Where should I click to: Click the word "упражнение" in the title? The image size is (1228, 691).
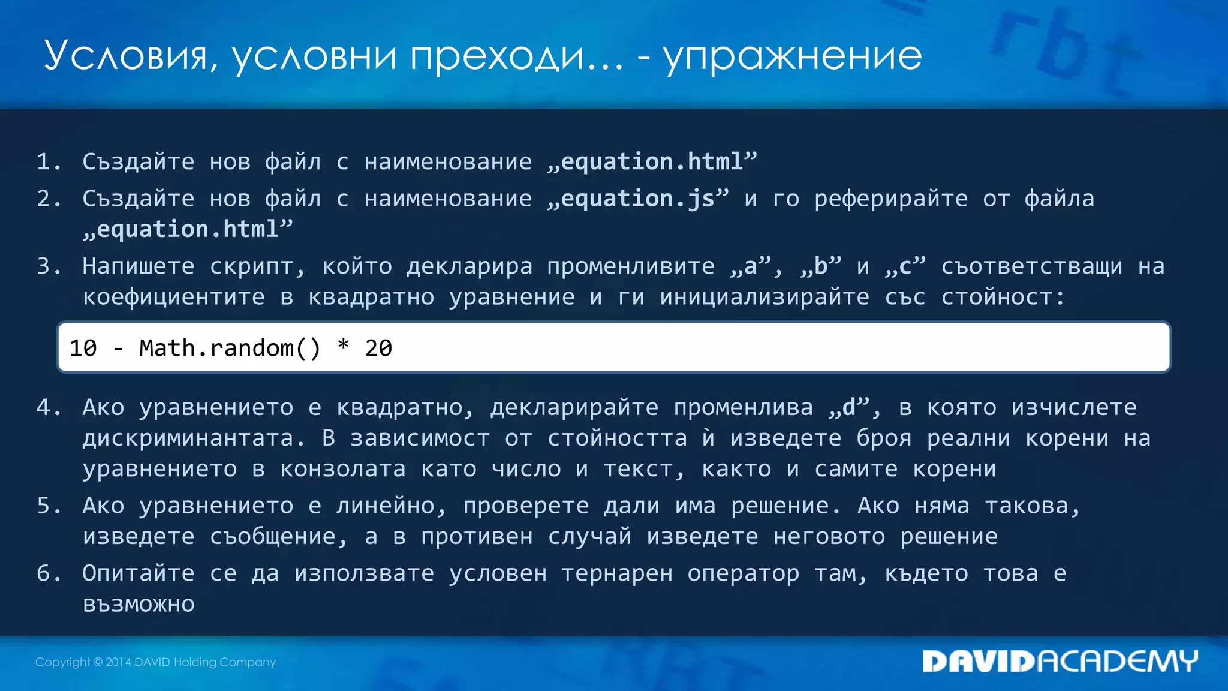(792, 57)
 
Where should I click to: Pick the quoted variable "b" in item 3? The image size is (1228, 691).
(821, 266)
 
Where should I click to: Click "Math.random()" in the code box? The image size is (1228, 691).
(230, 348)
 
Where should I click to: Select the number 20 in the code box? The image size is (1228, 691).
(378, 348)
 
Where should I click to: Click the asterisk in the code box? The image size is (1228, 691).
(343, 346)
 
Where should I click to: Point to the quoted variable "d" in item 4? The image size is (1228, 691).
(849, 407)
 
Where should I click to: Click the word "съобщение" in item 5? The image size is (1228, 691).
(273, 537)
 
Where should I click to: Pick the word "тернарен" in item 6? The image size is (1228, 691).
(617, 574)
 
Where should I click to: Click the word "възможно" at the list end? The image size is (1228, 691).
(139, 604)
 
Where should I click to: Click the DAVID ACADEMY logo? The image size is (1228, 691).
(1060, 661)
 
